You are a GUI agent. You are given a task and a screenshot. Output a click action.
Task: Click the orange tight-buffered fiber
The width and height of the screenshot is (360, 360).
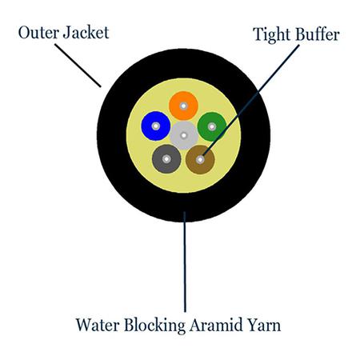click(183, 106)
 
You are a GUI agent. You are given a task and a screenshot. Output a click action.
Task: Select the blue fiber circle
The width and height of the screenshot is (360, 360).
click(156, 126)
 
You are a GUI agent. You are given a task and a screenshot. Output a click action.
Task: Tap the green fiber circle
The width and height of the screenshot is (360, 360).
click(212, 126)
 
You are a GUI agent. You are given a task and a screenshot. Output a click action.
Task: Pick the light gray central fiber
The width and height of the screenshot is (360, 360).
click(184, 135)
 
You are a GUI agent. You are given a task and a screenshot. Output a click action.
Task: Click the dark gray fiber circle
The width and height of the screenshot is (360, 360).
click(166, 159)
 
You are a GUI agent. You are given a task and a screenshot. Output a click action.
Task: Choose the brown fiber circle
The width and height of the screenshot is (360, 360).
click(200, 160)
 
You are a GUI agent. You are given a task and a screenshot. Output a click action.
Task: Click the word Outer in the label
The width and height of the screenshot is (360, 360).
click(38, 33)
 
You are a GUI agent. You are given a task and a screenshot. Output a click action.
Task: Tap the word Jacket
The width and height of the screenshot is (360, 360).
click(86, 33)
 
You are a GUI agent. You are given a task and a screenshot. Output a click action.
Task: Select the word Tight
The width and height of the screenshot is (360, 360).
click(272, 35)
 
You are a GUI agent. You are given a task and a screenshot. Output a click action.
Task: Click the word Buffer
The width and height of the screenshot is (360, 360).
click(318, 34)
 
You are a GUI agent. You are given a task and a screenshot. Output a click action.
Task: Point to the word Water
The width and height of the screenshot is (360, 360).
click(98, 325)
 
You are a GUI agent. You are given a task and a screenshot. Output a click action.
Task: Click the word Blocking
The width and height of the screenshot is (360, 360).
click(154, 326)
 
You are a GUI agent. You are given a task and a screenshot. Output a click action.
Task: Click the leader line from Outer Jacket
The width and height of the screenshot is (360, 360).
click(78, 66)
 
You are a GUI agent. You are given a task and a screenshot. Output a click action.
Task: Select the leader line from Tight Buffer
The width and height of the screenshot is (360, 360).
click(251, 100)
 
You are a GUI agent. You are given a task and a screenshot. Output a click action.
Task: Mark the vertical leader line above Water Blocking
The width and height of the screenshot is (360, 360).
click(185, 262)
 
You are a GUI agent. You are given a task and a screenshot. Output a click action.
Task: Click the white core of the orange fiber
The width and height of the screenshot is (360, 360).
click(183, 106)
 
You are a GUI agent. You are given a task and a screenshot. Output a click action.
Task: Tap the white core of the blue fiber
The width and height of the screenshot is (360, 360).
click(156, 126)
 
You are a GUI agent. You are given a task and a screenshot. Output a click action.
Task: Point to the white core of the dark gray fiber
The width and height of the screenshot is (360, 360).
click(166, 159)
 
